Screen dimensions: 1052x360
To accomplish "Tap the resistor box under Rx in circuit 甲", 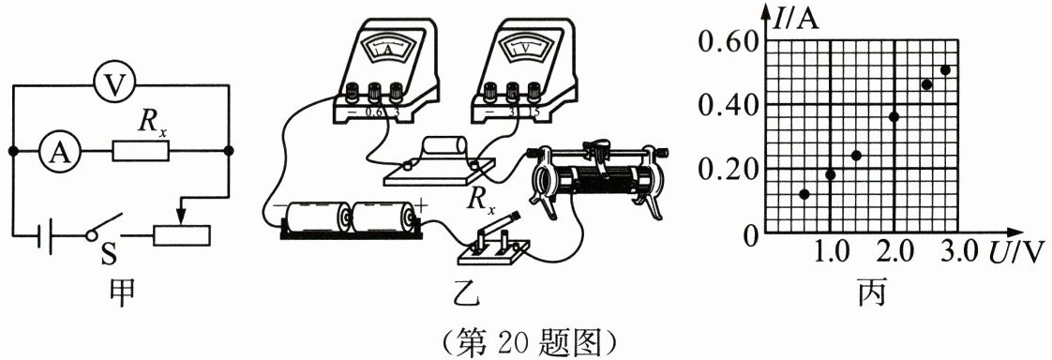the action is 141,151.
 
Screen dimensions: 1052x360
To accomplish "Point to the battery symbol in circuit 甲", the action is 45,235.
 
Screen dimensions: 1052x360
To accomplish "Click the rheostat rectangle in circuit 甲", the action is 182,235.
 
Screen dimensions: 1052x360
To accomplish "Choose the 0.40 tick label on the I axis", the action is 728,105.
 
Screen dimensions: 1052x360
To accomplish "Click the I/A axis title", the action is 796,18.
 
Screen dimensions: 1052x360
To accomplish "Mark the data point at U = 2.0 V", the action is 894,116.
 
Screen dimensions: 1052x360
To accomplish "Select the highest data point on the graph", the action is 946,69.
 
